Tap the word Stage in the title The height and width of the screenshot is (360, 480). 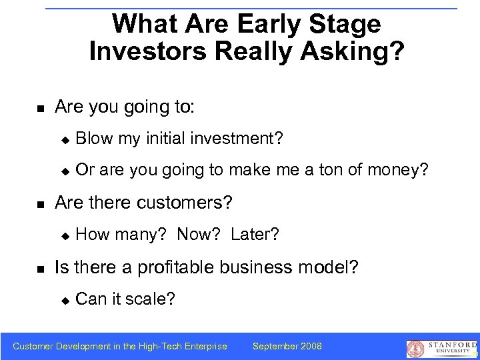pyautogui.click(x=344, y=24)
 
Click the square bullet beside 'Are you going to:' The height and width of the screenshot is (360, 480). pyautogui.click(x=39, y=108)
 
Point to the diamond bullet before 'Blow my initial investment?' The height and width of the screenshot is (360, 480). pyautogui.click(x=65, y=139)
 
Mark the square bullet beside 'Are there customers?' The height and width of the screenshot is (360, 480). pyautogui.click(x=39, y=203)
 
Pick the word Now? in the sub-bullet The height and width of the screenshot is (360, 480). pyautogui.click(x=201, y=234)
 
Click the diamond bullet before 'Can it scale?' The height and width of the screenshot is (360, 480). pyautogui.click(x=65, y=300)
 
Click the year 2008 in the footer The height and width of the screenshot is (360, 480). pyautogui.click(x=311, y=346)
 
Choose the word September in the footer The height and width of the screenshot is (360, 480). pyautogui.click(x=275, y=346)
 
